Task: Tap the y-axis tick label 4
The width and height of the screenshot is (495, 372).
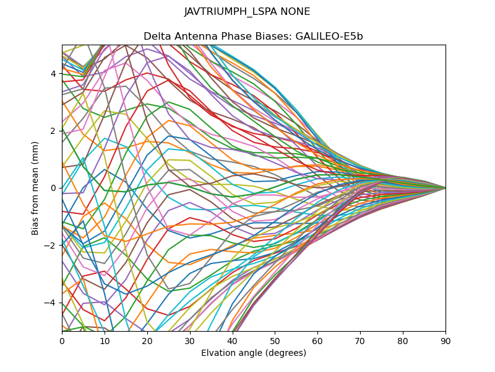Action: coord(53,74)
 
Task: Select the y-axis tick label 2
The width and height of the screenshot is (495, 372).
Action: coord(53,131)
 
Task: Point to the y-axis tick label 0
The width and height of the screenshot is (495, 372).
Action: coord(53,188)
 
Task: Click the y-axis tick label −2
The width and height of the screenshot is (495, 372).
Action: coord(51,245)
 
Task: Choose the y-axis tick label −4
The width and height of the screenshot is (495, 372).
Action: coord(51,303)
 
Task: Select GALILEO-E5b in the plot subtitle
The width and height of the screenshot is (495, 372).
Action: coord(332,36)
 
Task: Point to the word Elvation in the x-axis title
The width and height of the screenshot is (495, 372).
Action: coord(218,353)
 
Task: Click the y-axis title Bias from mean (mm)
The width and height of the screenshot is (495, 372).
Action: coord(35,188)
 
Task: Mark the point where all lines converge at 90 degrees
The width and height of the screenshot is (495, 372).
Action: coord(445,188)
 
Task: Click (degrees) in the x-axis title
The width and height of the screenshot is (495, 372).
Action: coord(284,353)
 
